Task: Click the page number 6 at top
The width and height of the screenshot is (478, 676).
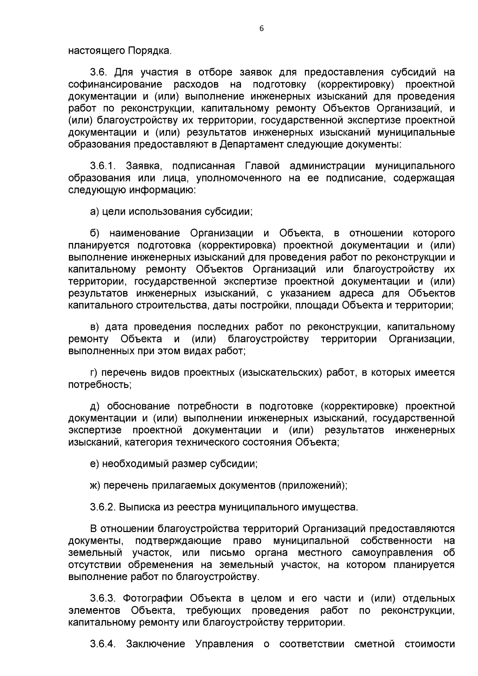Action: tap(262, 29)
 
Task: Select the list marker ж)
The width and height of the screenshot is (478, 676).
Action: tap(95, 486)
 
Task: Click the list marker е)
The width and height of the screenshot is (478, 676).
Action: tap(94, 464)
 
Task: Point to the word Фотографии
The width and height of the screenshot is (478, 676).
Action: tap(153, 598)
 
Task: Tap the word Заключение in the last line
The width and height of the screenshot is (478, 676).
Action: tap(156, 644)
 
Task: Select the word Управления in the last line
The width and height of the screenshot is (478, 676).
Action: tap(224, 644)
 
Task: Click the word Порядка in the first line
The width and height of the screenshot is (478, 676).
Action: tap(149, 51)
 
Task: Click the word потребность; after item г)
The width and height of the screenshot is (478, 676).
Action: tap(100, 385)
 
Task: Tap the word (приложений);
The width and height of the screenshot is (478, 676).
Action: tap(313, 486)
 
